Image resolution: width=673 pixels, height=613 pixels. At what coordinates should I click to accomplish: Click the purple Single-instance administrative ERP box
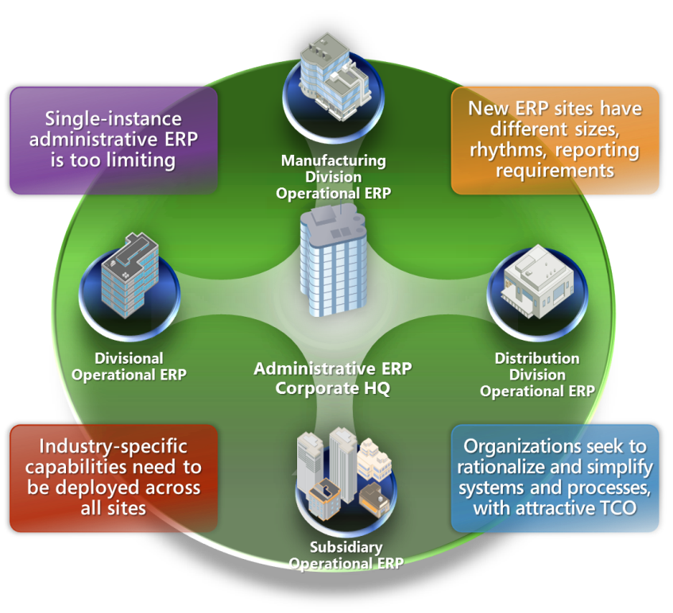113,140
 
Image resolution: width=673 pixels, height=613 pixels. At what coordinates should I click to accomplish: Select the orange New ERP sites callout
555,140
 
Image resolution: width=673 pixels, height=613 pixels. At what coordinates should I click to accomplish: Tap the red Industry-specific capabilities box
113,477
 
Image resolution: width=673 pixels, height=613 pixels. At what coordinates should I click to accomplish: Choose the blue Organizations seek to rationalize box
555,477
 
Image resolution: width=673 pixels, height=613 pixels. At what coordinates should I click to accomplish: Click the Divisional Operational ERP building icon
130,276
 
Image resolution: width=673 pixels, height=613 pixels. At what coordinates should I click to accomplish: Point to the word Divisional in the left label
129,358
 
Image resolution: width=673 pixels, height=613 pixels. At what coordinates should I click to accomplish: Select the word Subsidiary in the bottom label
346,547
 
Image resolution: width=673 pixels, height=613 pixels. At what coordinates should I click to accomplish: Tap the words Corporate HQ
333,389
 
